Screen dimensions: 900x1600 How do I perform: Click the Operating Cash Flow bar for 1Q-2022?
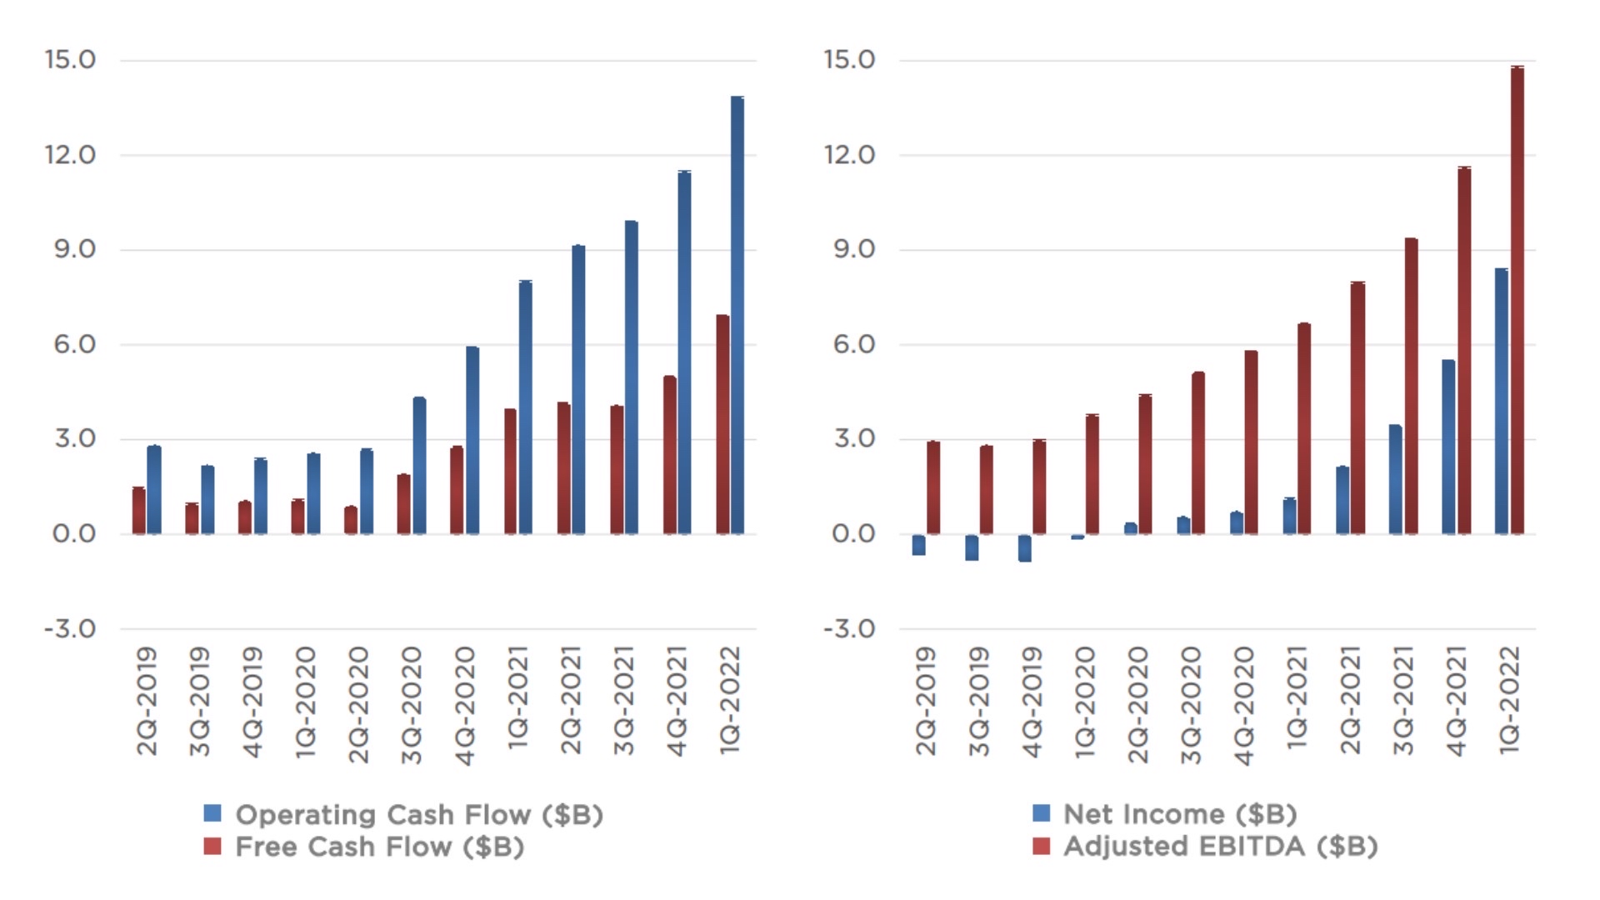pos(737,317)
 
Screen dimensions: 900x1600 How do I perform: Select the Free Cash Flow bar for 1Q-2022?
pos(722,425)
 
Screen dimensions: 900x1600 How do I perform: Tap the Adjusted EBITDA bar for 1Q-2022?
pos(1517,300)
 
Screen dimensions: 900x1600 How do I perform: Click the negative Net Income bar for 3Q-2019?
pos(972,547)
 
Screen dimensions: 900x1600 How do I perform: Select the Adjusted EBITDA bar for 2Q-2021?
pos(1358,408)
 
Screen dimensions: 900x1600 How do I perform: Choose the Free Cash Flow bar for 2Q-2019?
pos(138,511)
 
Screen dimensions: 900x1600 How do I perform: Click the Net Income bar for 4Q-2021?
pos(1449,447)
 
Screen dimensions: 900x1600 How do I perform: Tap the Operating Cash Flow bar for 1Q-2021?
pos(526,407)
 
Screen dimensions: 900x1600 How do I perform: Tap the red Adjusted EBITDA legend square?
pos(1041,847)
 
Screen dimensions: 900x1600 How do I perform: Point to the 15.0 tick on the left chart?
pos(70,60)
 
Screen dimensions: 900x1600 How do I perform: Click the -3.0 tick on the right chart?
pos(849,628)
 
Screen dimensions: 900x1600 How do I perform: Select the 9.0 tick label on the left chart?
pos(74,249)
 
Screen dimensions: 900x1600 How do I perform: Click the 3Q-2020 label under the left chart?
pos(412,705)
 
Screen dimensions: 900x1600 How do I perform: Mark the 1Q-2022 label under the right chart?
pos(1510,702)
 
